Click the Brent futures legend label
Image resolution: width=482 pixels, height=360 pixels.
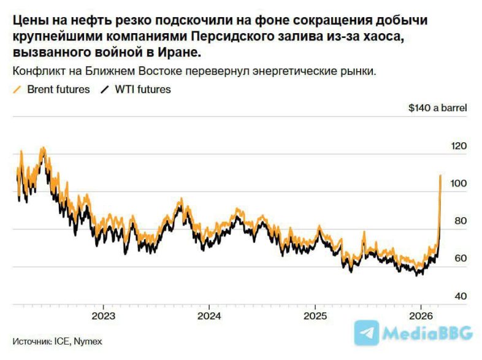[x=58, y=90]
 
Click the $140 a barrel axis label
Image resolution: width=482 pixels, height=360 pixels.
[x=437, y=108]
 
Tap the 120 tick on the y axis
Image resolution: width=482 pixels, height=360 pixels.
[x=459, y=146]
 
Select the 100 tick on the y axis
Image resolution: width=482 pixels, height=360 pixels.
[x=459, y=183]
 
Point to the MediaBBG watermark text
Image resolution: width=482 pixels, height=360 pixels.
[x=427, y=333]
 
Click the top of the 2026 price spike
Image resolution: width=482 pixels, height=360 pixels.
[x=440, y=175]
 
